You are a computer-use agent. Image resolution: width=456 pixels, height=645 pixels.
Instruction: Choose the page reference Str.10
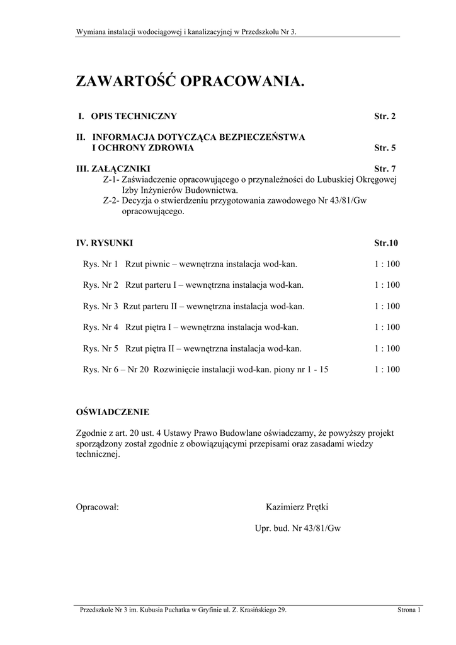386,243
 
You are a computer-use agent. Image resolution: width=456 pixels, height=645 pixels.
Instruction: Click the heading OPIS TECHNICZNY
134,117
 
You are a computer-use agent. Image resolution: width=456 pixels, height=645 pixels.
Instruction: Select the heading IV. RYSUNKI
105,243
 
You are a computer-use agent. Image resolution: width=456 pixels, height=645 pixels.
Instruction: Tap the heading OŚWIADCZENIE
113,413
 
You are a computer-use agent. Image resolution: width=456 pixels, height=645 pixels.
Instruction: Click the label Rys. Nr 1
101,264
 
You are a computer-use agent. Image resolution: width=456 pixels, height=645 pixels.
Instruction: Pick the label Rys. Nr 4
101,328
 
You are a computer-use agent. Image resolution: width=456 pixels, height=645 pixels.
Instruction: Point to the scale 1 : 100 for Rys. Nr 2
387,285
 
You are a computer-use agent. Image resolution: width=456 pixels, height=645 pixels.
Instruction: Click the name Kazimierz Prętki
298,506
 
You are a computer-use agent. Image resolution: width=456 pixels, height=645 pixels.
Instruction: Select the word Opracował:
98,506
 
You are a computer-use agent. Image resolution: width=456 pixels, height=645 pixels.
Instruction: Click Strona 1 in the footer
409,610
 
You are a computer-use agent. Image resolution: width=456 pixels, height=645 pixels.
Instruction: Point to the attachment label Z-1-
111,180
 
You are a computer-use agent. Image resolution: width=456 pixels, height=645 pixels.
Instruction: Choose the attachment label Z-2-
111,201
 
